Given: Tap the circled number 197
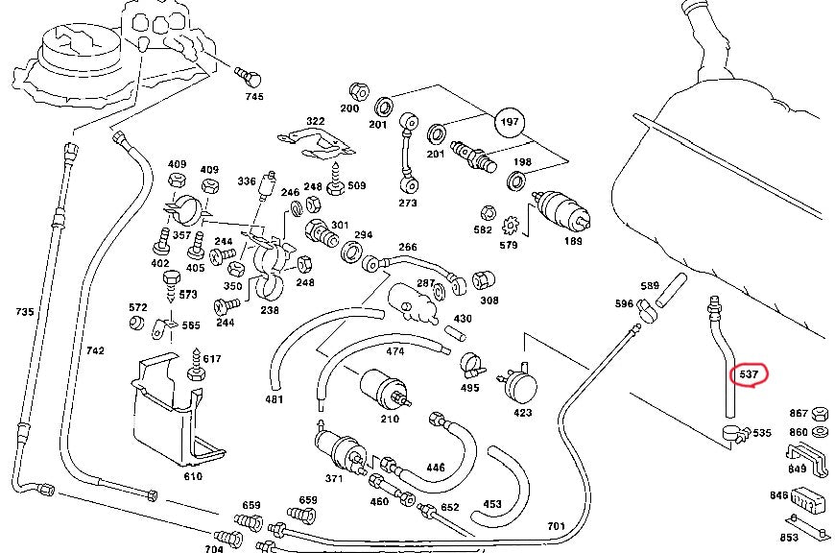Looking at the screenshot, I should point(511,122).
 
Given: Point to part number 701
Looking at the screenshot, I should point(556,525).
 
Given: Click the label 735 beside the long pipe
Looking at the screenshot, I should point(26,311).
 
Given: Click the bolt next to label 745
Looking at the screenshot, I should point(249,75).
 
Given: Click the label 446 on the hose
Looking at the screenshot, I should point(435,468).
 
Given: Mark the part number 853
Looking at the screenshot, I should point(789,538).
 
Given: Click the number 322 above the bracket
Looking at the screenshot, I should point(315,120).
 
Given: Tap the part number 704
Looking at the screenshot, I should point(214,548).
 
